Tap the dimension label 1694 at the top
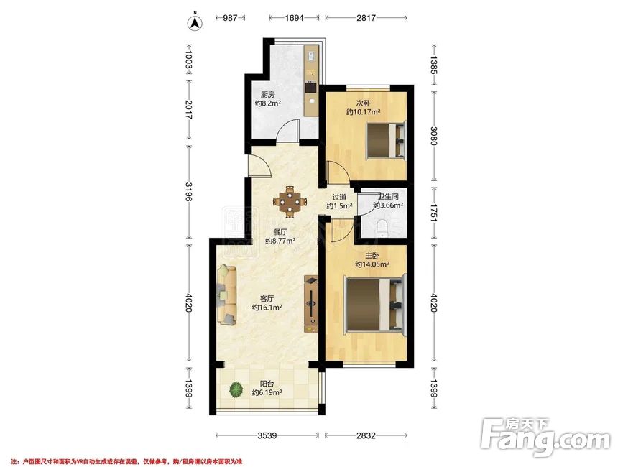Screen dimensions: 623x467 [294, 18]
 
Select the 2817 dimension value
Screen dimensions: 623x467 [366, 18]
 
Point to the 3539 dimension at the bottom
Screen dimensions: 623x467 [267, 435]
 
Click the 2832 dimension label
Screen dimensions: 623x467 [366, 435]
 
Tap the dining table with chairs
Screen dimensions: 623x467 [290, 202]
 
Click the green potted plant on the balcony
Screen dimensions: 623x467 [236, 389]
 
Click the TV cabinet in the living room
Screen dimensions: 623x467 [310, 304]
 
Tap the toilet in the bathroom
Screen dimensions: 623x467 [382, 228]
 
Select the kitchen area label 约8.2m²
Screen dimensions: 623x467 [268, 103]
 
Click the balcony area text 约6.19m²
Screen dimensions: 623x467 [267, 392]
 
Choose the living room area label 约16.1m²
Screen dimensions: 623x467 [267, 308]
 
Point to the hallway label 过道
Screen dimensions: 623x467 [339, 197]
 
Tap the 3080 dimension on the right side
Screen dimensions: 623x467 [433, 137]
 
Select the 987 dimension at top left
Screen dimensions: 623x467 [230, 18]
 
